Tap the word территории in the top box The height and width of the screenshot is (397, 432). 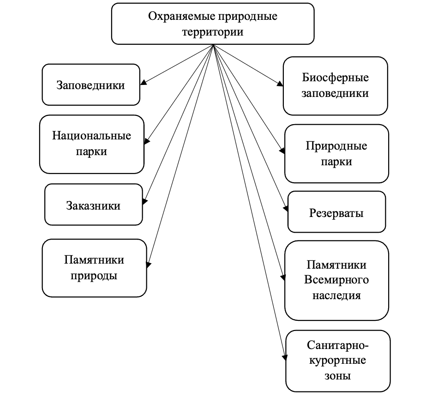213,32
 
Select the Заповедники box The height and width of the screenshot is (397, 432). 91,85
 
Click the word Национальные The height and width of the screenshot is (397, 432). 91,136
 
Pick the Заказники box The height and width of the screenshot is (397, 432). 93,205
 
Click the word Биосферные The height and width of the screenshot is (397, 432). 335,77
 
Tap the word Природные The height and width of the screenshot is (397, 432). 336,146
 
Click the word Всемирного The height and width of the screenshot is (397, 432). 336,280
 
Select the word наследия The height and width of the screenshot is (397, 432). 336,295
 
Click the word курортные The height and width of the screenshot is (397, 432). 336,360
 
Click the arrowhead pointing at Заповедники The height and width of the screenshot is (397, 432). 144,83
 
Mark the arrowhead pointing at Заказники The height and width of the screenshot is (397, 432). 145,201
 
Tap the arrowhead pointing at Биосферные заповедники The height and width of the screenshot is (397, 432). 280,84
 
